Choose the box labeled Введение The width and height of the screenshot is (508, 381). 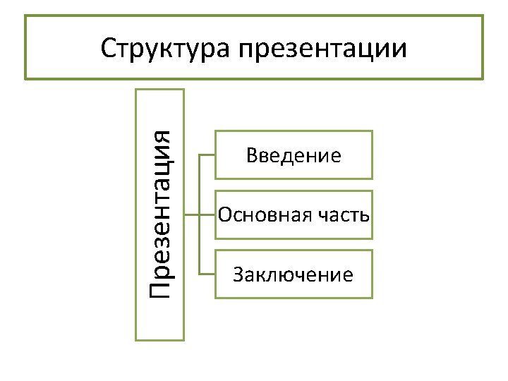[x=294, y=155]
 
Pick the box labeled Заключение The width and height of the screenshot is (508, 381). [x=294, y=274]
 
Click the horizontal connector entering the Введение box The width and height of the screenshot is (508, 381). [x=207, y=155]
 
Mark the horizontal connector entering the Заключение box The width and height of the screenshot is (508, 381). [x=207, y=274]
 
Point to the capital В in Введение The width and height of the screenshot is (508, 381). [x=252, y=155]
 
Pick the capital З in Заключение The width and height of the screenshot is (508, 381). [x=238, y=274]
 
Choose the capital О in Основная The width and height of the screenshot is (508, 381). [x=224, y=214]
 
